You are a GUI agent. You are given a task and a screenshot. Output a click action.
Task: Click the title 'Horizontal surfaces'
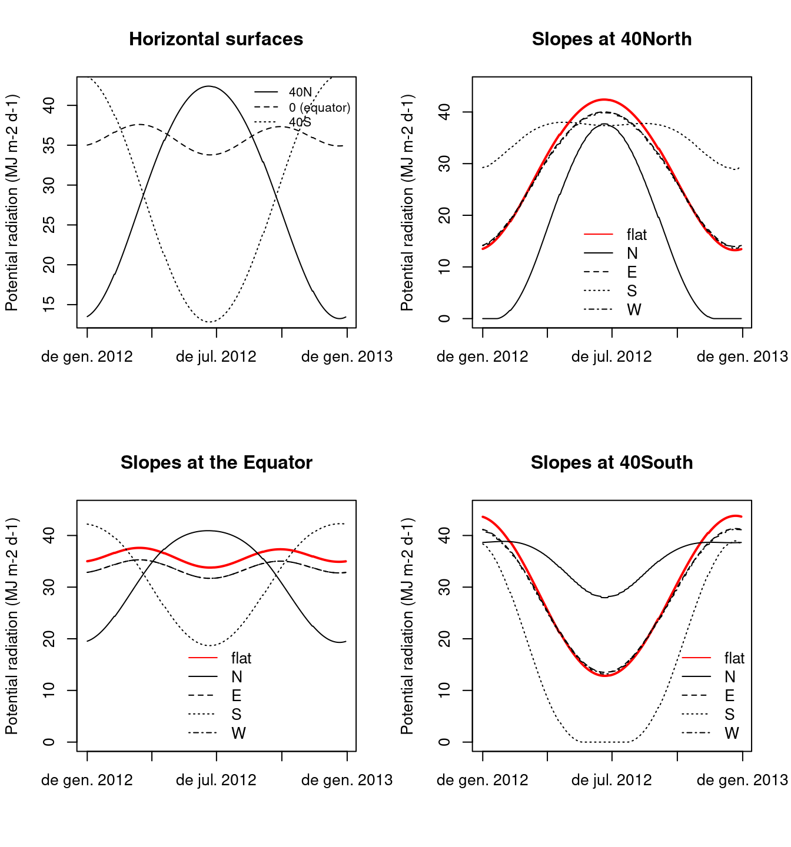tap(216, 39)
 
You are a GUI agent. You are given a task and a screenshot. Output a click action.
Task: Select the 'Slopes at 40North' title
tap(611, 39)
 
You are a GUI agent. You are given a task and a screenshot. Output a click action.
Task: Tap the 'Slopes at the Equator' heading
tap(216, 463)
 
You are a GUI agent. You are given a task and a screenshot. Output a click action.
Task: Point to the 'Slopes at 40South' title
tap(611, 463)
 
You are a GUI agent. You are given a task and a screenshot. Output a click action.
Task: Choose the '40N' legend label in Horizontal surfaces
tap(300, 92)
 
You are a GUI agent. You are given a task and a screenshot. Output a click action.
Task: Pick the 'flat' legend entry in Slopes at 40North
tap(637, 235)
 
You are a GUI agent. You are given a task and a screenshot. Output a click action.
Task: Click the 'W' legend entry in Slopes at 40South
tap(732, 733)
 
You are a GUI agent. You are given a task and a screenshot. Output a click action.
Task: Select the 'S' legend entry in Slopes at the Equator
tap(237, 715)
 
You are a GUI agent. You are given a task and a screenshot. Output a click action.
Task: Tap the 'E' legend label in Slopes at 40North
tap(632, 272)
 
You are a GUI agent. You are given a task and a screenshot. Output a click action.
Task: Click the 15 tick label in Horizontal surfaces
tap(49, 304)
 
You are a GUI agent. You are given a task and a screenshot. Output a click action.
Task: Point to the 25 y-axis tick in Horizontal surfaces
tap(49, 225)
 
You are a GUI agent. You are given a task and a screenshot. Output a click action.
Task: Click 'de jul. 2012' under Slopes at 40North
tap(611, 357)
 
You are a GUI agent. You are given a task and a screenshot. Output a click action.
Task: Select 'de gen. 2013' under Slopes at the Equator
tap(347, 781)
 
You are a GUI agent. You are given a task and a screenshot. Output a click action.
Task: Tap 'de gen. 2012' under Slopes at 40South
tap(483, 781)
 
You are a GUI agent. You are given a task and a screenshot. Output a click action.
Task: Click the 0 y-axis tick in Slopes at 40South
tap(445, 742)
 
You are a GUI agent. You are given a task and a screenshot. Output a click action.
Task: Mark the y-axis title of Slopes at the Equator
tap(12, 626)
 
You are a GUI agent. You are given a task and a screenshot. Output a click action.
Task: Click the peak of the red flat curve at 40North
tap(604, 99)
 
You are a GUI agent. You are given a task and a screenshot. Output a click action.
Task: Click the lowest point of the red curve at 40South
tap(606, 676)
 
